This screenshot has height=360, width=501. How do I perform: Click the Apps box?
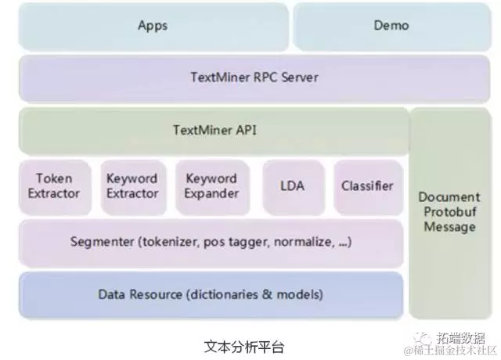tap(152, 26)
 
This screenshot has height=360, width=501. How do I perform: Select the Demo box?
tap(391, 26)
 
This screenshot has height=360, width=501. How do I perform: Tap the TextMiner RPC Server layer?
tap(254, 77)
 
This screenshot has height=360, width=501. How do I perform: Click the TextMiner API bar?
tap(213, 130)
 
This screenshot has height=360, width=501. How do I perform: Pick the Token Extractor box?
tap(53, 186)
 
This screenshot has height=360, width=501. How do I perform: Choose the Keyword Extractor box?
tap(132, 186)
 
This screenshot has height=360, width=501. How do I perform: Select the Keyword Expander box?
tap(211, 186)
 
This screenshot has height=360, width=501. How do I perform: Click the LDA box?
tap(291, 186)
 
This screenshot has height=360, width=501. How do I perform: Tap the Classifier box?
tap(366, 186)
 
